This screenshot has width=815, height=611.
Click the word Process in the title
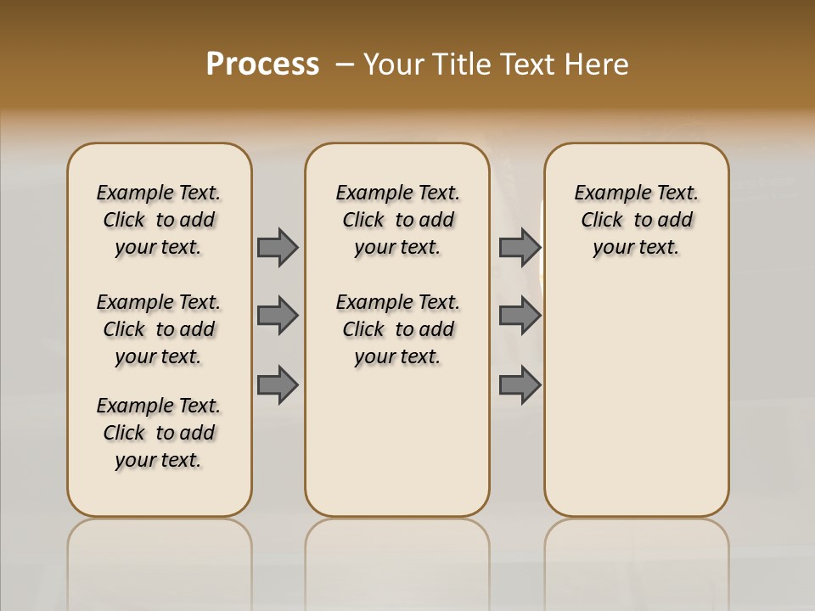262,64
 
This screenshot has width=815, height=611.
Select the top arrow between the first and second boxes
278,247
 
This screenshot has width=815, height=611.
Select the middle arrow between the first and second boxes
278,316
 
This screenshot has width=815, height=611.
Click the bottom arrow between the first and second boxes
278,384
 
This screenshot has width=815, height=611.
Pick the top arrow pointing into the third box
520,247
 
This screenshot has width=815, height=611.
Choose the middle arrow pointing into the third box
520,316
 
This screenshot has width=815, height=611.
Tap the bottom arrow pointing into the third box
520,384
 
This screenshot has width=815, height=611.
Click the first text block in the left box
159,220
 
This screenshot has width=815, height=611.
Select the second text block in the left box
159,329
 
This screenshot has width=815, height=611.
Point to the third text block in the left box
159,433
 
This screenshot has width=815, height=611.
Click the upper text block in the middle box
397,220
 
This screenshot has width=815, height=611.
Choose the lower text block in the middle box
397,329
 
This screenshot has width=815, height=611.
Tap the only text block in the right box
637,220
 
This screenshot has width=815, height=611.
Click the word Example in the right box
605,193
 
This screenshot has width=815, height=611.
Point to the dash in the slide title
345,64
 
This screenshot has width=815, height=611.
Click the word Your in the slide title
393,64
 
